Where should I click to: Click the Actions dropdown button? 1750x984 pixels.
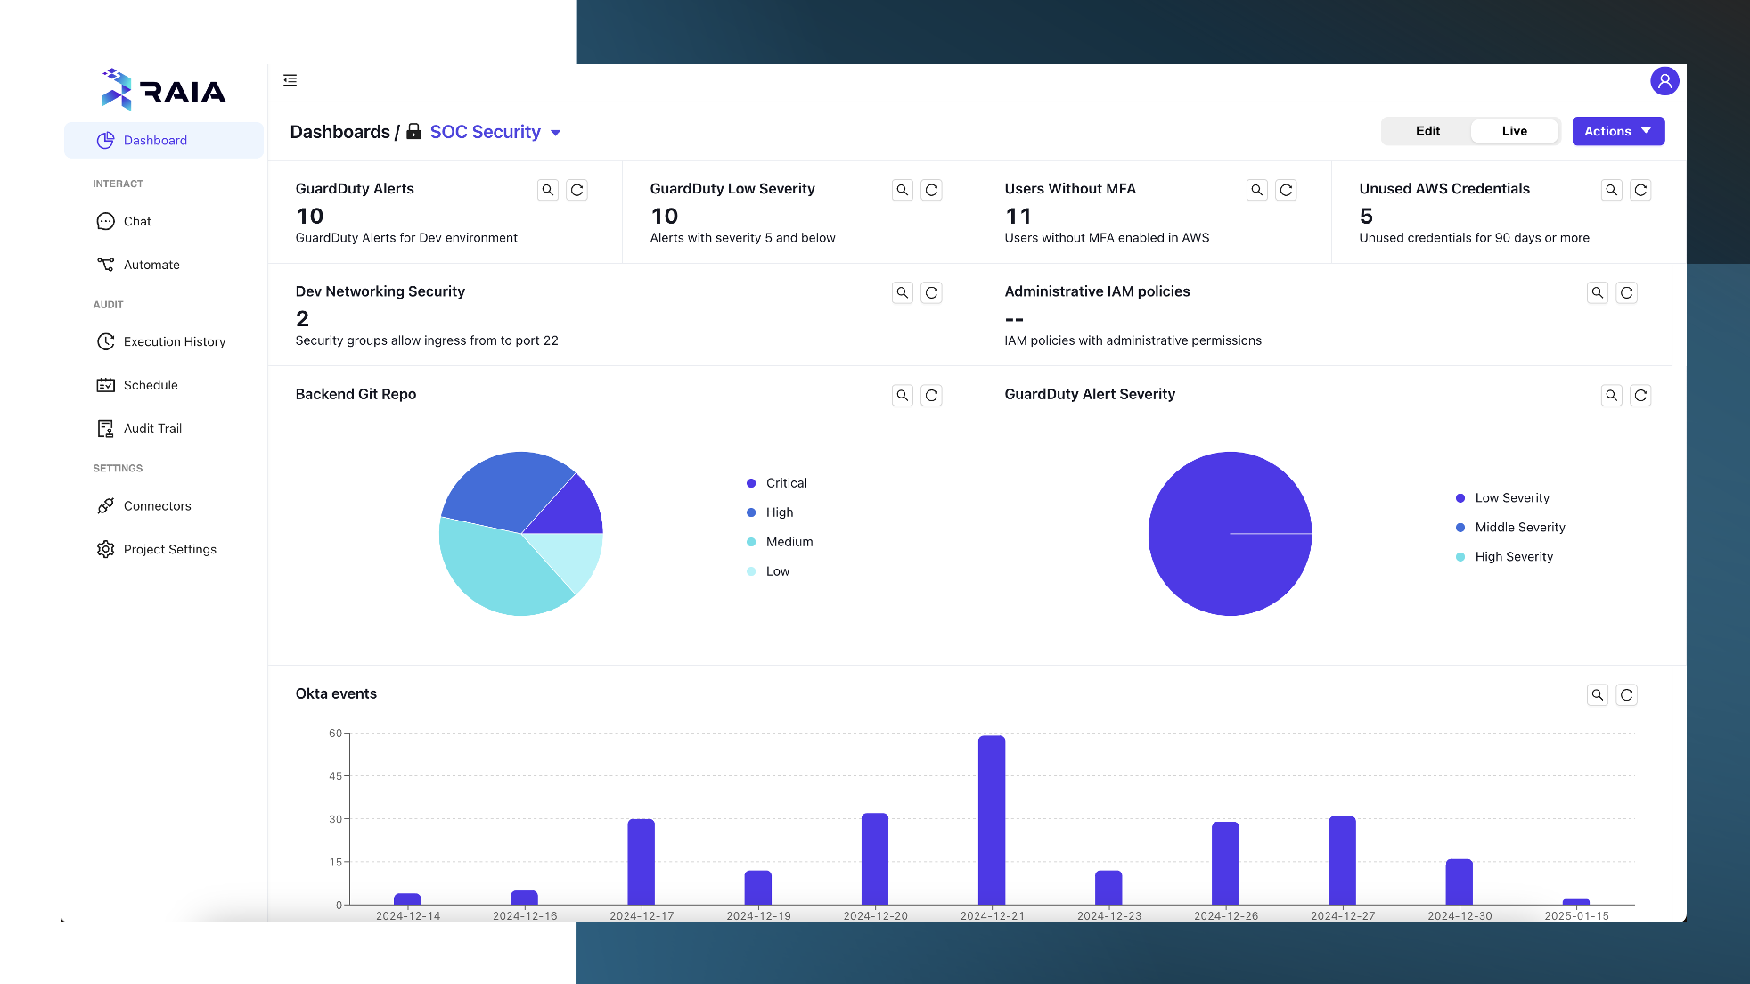click(x=1617, y=131)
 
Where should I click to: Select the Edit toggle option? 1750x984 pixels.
click(x=1427, y=131)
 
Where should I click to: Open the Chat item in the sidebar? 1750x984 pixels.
click(x=137, y=221)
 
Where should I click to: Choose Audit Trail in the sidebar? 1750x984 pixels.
click(x=152, y=429)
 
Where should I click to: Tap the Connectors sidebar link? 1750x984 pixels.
click(x=157, y=506)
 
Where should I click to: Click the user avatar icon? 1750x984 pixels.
click(x=1664, y=81)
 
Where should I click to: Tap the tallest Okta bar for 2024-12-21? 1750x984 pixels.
click(x=991, y=820)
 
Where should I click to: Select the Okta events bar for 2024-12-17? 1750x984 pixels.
click(x=641, y=861)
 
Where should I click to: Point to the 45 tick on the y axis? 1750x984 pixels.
click(x=335, y=776)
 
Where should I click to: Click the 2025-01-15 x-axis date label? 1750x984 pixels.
click(x=1575, y=916)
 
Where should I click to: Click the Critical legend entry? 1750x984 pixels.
click(x=786, y=483)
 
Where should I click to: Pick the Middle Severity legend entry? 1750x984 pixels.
click(x=1519, y=528)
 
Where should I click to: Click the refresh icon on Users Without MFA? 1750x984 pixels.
click(x=1285, y=190)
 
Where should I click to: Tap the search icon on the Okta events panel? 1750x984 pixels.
click(x=1597, y=695)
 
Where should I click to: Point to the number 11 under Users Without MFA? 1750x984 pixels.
click(x=1018, y=217)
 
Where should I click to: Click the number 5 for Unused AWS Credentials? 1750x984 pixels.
click(x=1366, y=217)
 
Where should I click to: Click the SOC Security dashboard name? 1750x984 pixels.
click(x=485, y=132)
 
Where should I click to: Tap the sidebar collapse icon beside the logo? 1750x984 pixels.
click(x=290, y=80)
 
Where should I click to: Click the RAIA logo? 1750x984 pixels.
click(x=164, y=90)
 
